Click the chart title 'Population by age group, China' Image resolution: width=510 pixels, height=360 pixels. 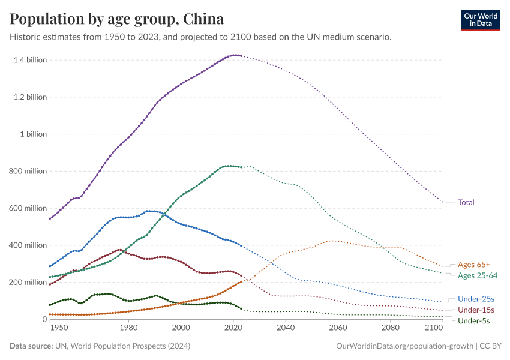[x=117, y=19]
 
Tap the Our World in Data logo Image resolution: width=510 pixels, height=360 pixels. [x=480, y=19]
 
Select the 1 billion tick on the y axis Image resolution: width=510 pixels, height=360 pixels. [x=34, y=134]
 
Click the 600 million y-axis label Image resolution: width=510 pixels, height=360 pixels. [x=28, y=208]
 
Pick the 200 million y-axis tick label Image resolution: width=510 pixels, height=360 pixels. [x=28, y=282]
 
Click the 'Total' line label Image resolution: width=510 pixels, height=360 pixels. [x=466, y=202]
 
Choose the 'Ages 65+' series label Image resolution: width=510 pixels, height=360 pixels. [x=473, y=264]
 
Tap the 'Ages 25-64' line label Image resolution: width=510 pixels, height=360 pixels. [x=476, y=275]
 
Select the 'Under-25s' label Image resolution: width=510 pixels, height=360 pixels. [x=476, y=298]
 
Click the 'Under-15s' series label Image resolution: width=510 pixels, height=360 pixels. [x=476, y=310]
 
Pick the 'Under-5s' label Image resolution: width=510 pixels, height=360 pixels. [x=473, y=321]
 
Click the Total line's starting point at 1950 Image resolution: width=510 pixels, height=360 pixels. [x=50, y=218]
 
